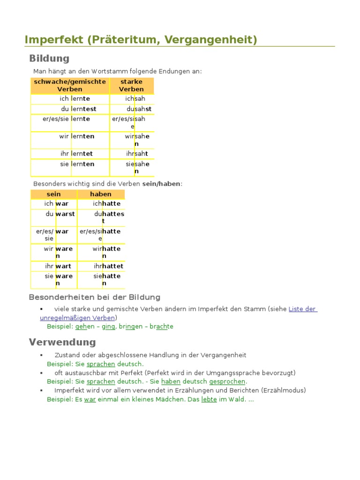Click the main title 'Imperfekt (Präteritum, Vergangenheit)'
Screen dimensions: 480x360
point(141,40)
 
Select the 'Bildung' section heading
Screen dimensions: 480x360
point(49,59)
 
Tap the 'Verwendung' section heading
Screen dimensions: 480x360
point(62,342)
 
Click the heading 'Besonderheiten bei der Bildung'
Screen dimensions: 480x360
point(95,297)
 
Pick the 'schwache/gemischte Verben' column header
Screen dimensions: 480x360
point(70,85)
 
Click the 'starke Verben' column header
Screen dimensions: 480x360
point(131,85)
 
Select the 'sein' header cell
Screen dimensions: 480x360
point(54,194)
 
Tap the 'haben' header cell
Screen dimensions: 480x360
point(101,194)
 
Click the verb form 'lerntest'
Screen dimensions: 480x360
point(83,109)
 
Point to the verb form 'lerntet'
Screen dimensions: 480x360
point(82,153)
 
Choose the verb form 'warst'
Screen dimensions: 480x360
point(65,214)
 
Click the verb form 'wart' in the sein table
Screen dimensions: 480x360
point(63,266)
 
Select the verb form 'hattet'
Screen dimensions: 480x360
point(112,266)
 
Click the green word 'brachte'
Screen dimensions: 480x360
point(162,326)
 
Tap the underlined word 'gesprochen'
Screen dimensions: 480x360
point(227,382)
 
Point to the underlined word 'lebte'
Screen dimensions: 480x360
point(209,399)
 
